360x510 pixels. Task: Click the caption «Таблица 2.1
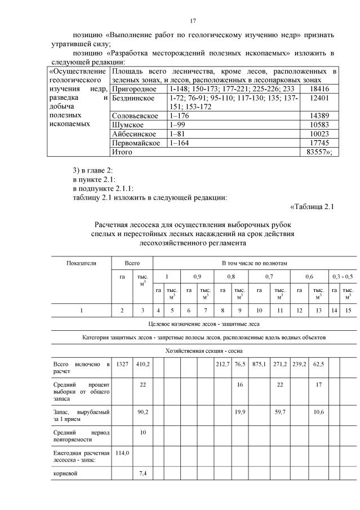[x=312, y=206]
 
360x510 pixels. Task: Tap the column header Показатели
[x=82, y=263]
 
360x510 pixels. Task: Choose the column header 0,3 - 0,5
[x=343, y=277]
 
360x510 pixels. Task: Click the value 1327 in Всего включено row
[x=122, y=365]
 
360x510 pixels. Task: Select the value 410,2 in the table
[x=142, y=365]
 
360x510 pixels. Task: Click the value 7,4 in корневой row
[x=142, y=473]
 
